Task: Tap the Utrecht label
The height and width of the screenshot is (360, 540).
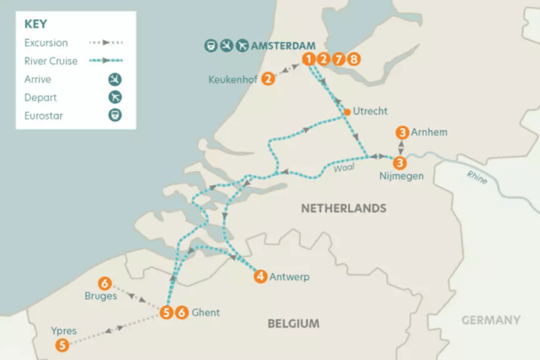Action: click(371, 111)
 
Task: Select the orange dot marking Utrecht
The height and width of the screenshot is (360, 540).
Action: click(347, 112)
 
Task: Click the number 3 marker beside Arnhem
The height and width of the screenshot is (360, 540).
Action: click(401, 132)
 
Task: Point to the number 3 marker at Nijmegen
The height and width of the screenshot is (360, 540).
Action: click(400, 163)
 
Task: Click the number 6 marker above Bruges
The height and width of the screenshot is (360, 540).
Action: click(105, 283)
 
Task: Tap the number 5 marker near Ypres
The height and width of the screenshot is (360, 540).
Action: click(63, 345)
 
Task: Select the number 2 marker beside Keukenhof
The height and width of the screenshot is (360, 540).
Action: click(267, 79)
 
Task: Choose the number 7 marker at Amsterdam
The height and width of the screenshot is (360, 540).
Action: click(338, 59)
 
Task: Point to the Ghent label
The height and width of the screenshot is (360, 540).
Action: click(205, 312)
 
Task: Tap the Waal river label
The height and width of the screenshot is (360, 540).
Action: click(344, 167)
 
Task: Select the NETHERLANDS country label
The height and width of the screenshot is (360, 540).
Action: click(343, 208)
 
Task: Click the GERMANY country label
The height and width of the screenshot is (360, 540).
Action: click(491, 320)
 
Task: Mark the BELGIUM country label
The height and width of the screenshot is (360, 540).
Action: click(293, 323)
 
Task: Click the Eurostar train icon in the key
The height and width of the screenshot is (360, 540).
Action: click(115, 115)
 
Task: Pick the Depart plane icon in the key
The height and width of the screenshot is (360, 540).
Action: click(115, 97)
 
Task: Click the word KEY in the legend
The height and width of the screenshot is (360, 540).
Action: click(36, 24)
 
